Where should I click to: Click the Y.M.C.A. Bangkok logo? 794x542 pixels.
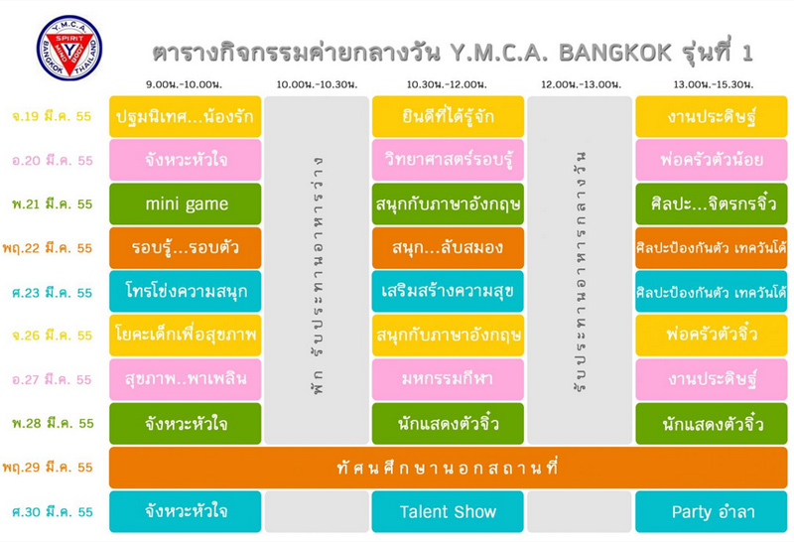point(69,48)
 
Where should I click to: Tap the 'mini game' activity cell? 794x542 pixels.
point(186,203)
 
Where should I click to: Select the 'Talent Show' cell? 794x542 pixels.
point(448,511)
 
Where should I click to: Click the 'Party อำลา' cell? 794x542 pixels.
point(712,511)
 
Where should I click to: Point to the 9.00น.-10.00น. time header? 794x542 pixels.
point(184,84)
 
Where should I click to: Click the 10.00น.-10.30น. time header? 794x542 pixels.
point(317,84)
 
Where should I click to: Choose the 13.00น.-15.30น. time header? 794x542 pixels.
point(713,84)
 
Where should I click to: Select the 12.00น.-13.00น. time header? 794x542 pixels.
point(581,84)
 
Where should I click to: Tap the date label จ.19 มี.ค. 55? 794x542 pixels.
point(52,116)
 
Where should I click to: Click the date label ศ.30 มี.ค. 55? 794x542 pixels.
point(53,512)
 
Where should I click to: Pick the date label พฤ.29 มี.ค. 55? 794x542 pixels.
point(48,467)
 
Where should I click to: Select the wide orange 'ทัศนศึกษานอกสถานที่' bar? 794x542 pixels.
point(449,468)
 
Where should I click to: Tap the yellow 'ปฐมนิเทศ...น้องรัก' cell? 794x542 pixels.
point(186,116)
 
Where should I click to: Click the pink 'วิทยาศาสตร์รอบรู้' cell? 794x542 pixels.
point(448,160)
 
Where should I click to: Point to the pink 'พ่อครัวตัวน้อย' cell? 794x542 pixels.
point(712,160)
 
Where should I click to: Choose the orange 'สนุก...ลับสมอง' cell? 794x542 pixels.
point(448,248)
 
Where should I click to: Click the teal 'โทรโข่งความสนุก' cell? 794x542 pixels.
point(186,291)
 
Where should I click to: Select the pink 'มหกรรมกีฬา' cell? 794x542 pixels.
point(448,379)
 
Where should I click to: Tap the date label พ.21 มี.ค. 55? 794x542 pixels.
point(53,204)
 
